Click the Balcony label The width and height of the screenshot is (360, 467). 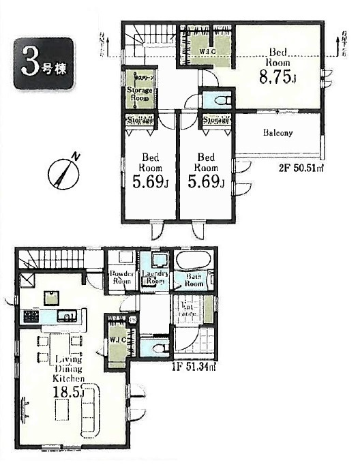click(x=277, y=133)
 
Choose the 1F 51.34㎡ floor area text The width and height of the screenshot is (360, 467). click(x=194, y=367)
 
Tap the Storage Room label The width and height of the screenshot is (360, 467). click(x=139, y=93)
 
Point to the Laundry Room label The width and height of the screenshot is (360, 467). click(x=155, y=278)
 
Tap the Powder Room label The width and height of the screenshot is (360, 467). click(x=121, y=278)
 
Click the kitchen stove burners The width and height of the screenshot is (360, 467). click(x=30, y=316)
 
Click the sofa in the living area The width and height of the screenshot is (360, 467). click(x=91, y=408)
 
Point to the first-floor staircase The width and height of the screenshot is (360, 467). click(x=51, y=261)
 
